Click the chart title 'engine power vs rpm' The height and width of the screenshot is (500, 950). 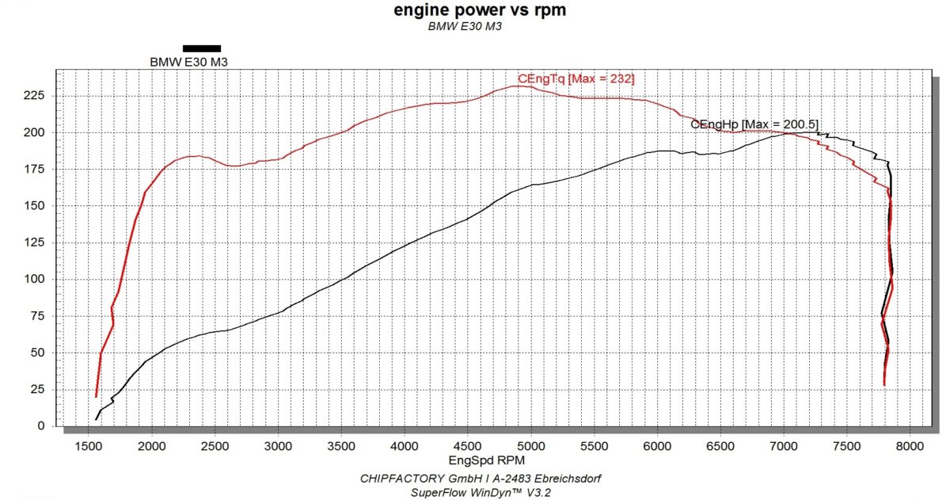pos(480,10)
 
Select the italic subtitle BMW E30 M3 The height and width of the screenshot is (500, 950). pos(465,26)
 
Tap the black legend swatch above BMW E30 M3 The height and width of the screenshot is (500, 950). pos(202,48)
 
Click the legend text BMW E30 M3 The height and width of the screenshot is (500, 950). pos(189,62)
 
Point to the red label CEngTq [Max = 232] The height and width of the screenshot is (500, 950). pos(576,78)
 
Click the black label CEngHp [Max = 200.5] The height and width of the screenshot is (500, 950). pos(754,124)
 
